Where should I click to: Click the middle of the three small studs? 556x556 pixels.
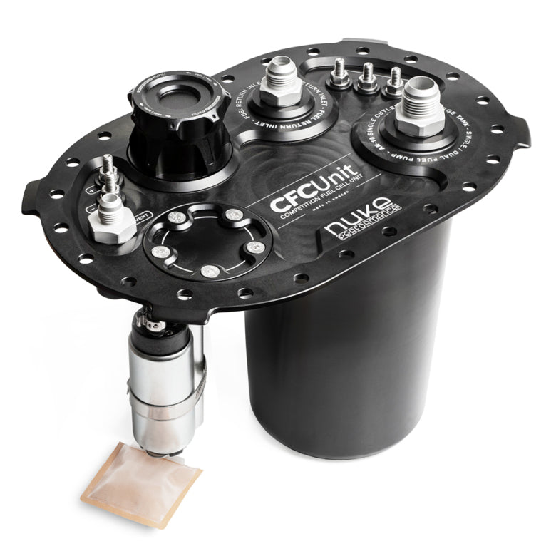(x=368, y=78)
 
